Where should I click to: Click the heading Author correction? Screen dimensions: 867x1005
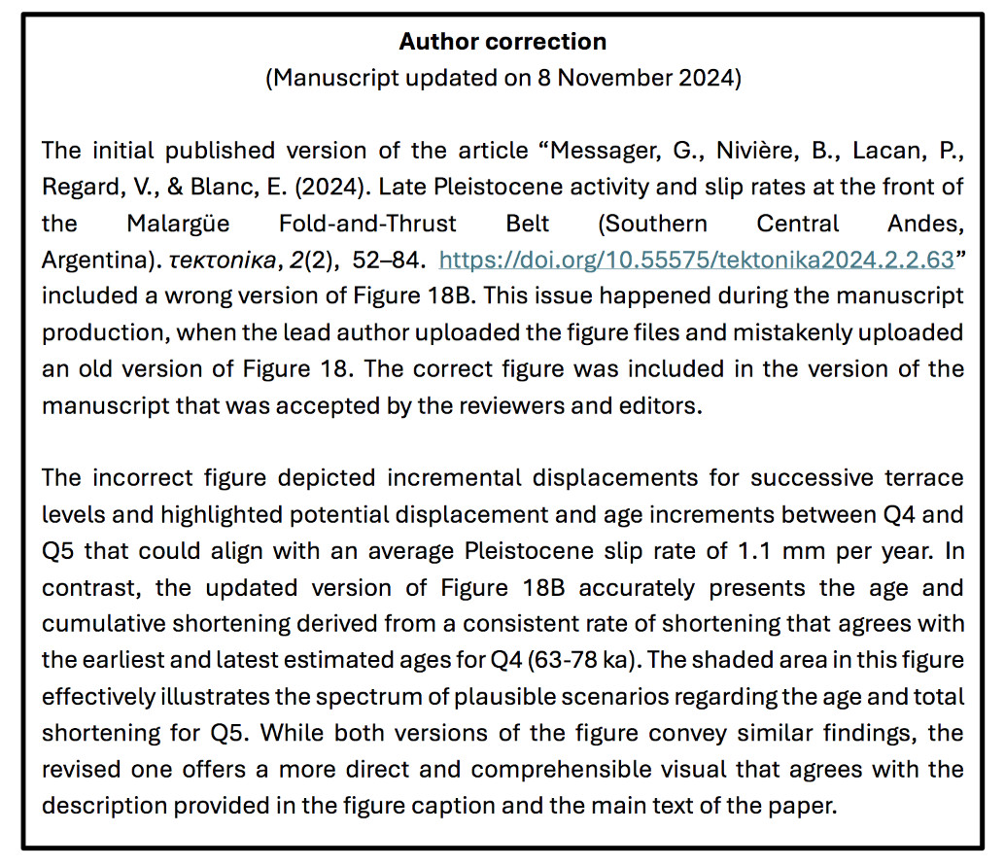[502, 42]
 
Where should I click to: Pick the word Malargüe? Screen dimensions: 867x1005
[178, 224]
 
